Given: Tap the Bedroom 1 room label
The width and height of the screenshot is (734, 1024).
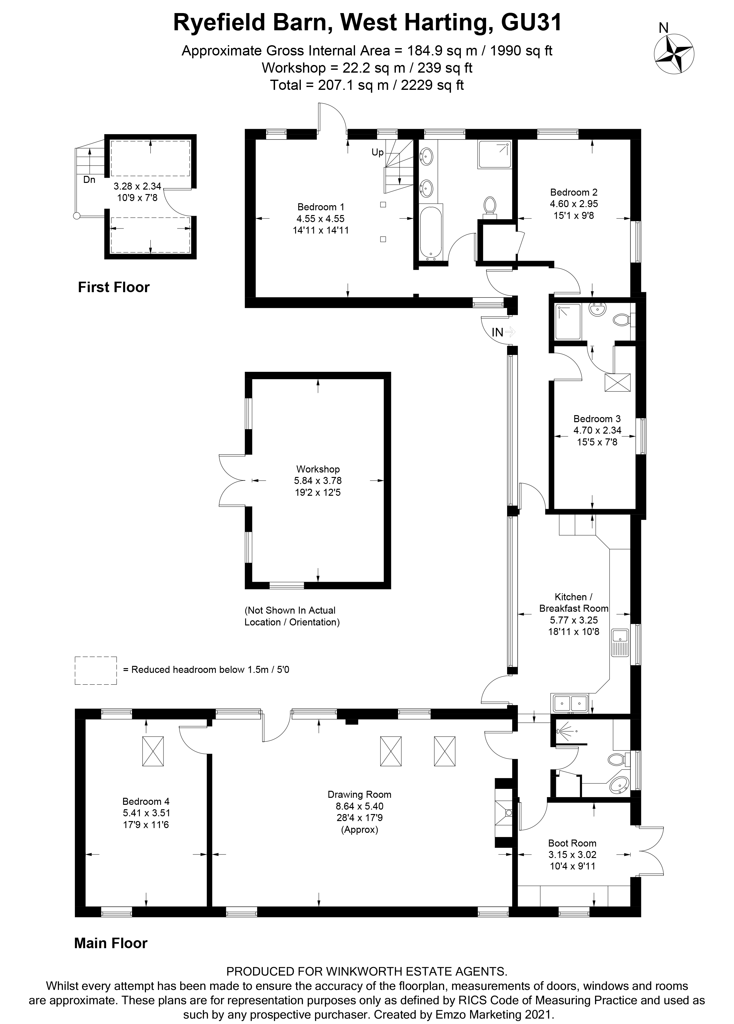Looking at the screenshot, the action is (321, 207).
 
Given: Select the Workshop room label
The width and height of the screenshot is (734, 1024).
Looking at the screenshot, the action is (318, 469).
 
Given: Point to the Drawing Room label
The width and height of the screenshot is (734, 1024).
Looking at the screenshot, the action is (360, 794).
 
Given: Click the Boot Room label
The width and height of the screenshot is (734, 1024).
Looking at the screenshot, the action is (572, 843).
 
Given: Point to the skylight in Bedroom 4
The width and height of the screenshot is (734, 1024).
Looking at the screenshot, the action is (153, 751).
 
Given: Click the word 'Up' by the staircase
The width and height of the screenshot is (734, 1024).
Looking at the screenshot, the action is (378, 152).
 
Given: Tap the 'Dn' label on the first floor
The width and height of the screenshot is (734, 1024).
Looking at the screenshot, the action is (90, 180).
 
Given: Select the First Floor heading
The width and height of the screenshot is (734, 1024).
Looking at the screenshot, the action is (114, 287).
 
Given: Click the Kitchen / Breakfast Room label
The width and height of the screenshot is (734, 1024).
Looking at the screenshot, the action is (574, 602).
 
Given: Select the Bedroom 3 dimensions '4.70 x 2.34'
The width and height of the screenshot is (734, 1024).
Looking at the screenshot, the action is (597, 430).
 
